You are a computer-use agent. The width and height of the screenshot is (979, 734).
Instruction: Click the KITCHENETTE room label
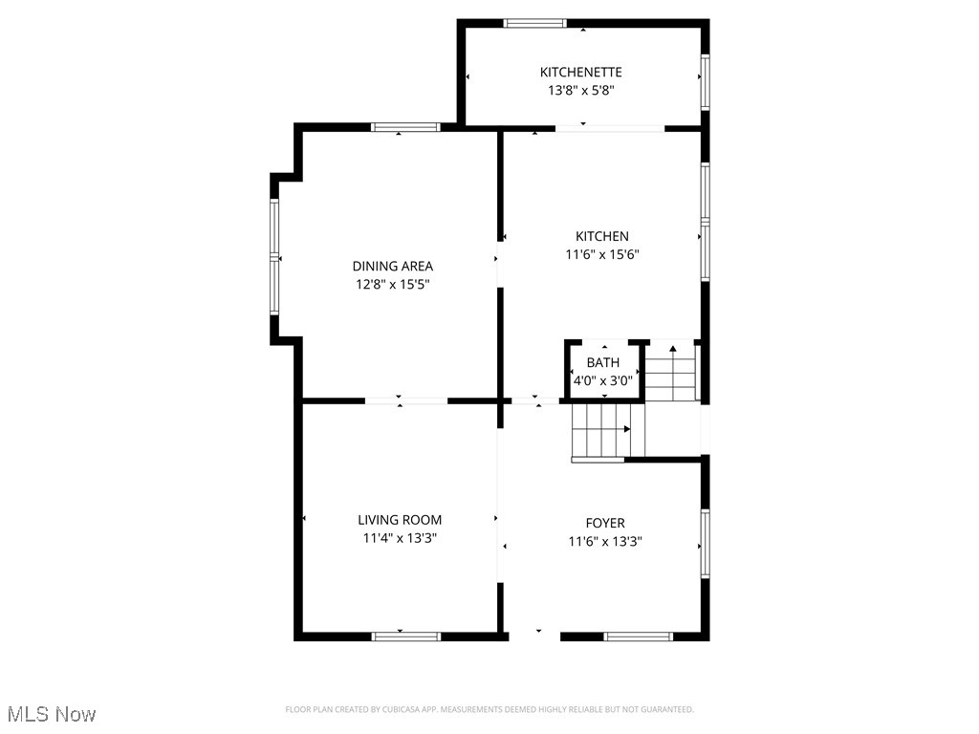580,72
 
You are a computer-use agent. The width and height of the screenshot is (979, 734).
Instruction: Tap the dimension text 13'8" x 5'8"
580,91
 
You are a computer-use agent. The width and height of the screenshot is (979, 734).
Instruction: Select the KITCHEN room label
601,236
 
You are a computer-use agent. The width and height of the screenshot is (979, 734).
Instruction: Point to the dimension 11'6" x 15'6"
601,254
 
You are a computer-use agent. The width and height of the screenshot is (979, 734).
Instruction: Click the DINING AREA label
392,266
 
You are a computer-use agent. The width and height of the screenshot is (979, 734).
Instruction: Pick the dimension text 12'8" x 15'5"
392,284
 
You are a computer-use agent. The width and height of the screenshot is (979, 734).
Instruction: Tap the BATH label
602,362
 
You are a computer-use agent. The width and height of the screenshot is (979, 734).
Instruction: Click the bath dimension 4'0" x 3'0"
602,380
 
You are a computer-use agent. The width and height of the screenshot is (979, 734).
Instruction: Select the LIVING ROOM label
400,520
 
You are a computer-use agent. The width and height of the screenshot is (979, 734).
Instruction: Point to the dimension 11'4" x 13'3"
400,538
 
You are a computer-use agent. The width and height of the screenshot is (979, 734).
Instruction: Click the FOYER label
604,523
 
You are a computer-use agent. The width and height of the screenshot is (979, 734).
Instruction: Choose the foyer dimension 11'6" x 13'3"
604,541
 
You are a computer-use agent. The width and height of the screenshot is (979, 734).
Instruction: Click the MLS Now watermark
52,714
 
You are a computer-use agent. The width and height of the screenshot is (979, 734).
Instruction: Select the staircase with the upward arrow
672,373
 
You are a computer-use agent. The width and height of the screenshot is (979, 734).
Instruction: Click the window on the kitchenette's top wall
534,23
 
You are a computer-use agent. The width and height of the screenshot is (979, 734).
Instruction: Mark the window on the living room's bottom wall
405,636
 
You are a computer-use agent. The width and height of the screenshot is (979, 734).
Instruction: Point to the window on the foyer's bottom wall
639,636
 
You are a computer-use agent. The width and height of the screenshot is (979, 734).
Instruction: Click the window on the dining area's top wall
405,126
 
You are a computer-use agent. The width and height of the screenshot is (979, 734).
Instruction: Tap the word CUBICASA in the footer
399,709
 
